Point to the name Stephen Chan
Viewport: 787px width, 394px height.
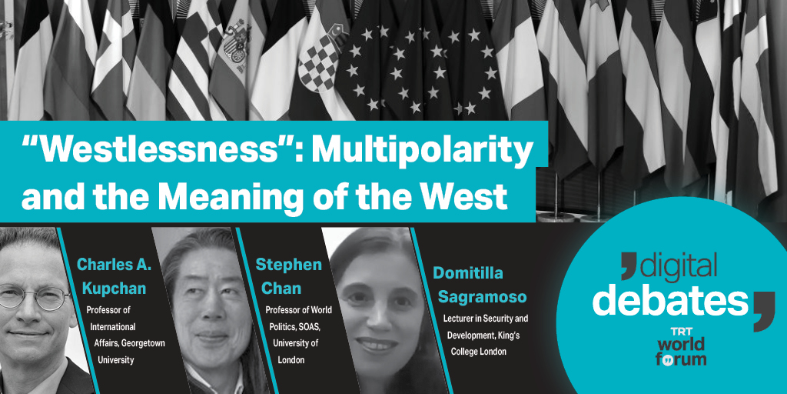coord(288,276)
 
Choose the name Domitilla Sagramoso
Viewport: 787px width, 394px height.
coord(479,285)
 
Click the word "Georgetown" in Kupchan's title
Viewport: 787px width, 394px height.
coord(141,344)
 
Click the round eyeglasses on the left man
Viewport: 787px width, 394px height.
coord(32,297)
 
